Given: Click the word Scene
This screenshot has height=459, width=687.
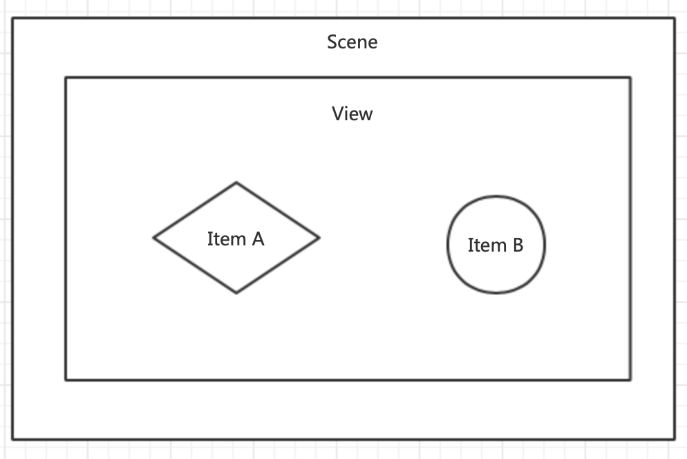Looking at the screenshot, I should (352, 42).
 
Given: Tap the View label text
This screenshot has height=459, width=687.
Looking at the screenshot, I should (352, 113).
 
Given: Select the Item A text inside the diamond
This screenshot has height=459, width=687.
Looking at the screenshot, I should (236, 239).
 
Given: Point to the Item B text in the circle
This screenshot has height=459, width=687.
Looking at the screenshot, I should (496, 245).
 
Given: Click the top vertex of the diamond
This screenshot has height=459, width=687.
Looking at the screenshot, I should (236, 182).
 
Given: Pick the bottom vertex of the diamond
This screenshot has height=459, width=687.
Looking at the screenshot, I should (236, 293).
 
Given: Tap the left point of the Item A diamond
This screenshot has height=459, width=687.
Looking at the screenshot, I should (153, 238).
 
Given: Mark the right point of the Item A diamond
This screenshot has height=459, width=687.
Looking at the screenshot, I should (319, 238).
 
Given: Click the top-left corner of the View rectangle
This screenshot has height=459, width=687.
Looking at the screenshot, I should (66, 78).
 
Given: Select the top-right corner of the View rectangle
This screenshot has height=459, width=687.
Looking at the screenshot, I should (630, 78).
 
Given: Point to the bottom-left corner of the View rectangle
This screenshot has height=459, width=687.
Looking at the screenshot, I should (66, 380).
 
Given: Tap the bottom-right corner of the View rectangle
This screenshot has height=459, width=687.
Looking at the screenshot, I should (630, 380).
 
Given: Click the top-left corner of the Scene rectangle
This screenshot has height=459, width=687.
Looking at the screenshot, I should (12, 19).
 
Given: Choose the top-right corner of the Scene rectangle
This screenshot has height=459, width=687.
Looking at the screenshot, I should (674, 19).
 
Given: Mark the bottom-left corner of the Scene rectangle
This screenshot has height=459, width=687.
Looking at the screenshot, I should (12, 438).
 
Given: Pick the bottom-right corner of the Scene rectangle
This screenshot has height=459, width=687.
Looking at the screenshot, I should (674, 438).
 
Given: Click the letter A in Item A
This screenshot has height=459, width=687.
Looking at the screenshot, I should (257, 239).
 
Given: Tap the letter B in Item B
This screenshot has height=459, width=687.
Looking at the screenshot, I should (516, 245).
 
